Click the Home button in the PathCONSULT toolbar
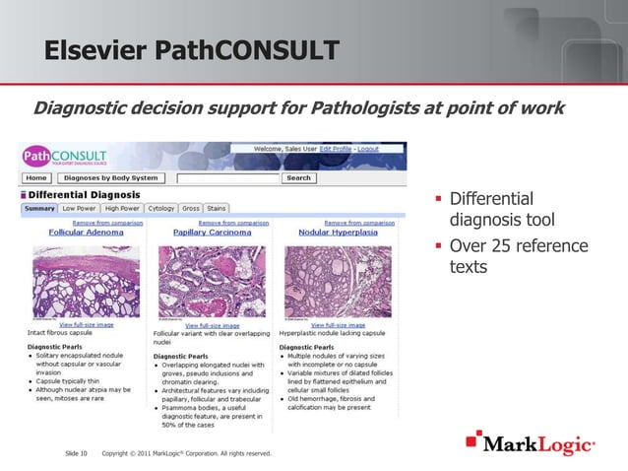point(36,178)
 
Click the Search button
point(297,178)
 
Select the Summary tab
point(39,208)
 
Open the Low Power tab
point(79,208)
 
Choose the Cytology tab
point(161,208)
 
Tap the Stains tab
point(217,208)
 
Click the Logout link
point(368,149)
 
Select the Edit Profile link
point(330,149)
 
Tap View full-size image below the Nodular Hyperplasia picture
point(341,325)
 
